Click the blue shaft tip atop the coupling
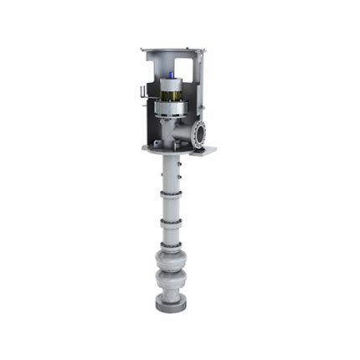170,75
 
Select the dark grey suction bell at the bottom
170,302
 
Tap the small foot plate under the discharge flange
204,152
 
